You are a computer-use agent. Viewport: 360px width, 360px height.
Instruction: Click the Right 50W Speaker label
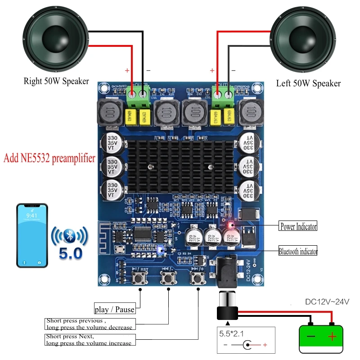tap(56, 81)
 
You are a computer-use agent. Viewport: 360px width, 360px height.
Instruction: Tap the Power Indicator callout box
tap(298, 226)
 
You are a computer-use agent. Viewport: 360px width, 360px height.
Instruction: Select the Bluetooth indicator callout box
tap(298, 251)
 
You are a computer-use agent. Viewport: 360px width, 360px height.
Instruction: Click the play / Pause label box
tap(114, 309)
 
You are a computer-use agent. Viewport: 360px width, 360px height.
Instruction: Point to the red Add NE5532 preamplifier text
tap(49, 158)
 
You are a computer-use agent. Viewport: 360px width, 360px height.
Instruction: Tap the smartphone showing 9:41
tap(32, 235)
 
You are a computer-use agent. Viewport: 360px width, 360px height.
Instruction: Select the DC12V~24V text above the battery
tap(327, 302)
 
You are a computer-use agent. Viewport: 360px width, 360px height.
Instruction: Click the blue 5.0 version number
tap(71, 254)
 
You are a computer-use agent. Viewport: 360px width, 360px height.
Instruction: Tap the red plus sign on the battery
tap(332, 336)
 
